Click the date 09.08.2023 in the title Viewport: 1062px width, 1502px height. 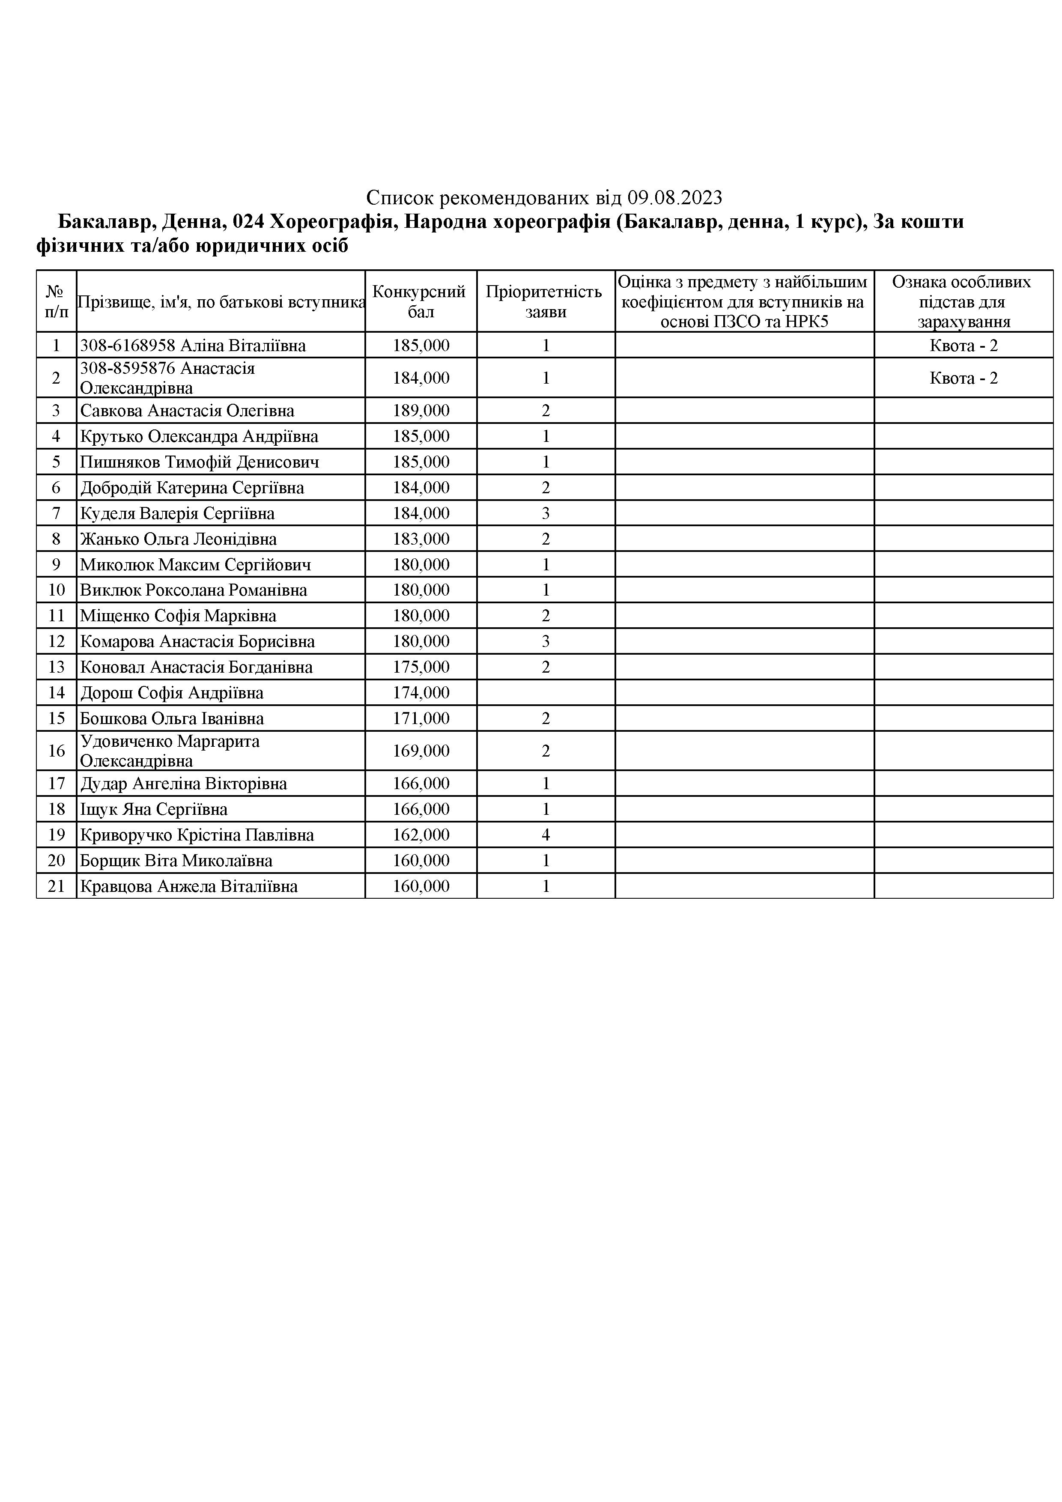[x=674, y=197]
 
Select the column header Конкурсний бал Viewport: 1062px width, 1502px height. [x=420, y=301]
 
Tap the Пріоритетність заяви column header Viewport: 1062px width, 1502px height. [x=545, y=301]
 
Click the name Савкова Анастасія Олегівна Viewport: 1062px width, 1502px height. [x=187, y=411]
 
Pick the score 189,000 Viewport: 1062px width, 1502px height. [x=421, y=411]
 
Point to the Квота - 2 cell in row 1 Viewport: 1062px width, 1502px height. [x=963, y=346]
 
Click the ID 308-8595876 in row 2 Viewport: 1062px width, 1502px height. [x=128, y=368]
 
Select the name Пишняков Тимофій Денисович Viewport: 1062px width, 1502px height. [x=200, y=462]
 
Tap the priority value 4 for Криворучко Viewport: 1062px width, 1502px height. [x=546, y=835]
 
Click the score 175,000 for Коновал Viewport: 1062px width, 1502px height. [x=421, y=667]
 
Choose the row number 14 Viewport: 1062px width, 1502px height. [x=56, y=693]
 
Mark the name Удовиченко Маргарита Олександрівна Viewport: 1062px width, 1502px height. [x=170, y=751]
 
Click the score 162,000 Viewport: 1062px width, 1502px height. [x=421, y=835]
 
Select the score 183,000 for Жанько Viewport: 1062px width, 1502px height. [x=421, y=539]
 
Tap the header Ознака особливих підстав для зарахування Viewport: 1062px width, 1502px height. [x=963, y=301]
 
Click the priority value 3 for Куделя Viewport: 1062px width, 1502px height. [x=546, y=513]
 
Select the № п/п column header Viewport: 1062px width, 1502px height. [x=56, y=301]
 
